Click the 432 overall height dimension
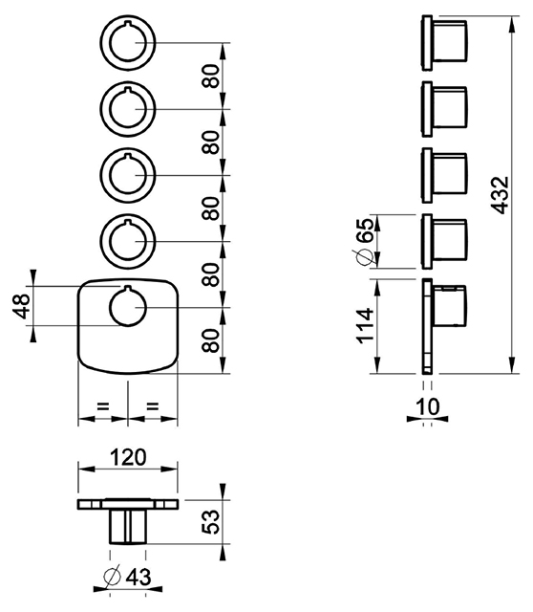coord(500,195)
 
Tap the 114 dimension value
coord(365,326)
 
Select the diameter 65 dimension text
coord(364,242)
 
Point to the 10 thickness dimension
coord(428,406)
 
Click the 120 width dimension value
coord(128,457)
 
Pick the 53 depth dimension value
coord(211,521)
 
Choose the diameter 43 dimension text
coord(127,577)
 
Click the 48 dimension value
coord(21,306)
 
